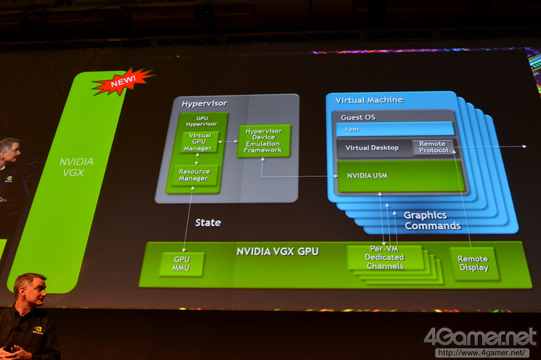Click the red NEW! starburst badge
click(x=123, y=81)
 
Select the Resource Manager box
click(x=194, y=175)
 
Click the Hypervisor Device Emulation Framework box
click(x=263, y=140)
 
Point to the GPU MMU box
click(x=181, y=263)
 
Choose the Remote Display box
click(x=473, y=263)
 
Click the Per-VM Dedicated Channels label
click(x=385, y=258)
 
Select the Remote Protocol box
click(x=433, y=147)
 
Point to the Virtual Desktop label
click(x=372, y=148)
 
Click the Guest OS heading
click(x=358, y=117)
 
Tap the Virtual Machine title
click(x=369, y=100)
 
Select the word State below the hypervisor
click(x=208, y=223)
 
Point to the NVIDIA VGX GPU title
click(x=277, y=251)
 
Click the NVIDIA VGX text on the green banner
click(x=76, y=167)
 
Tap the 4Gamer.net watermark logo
click(x=480, y=337)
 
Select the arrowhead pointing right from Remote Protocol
click(x=524, y=146)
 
